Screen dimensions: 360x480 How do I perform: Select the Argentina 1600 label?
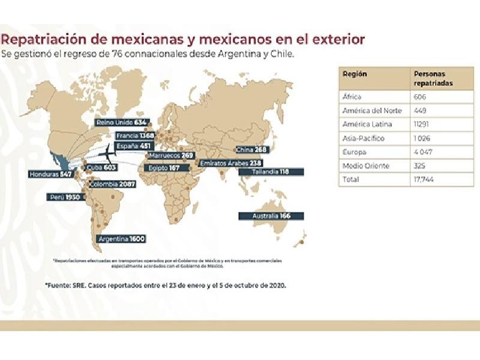click(121, 239)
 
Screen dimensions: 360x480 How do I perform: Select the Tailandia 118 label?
click(271, 172)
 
